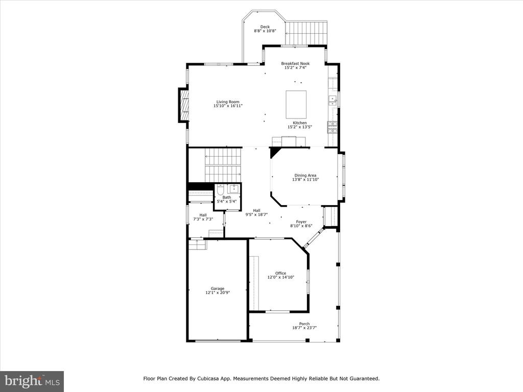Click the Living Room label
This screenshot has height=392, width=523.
coord(228,102)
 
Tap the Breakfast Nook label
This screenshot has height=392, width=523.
coord(295,63)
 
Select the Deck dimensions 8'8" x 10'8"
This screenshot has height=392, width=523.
coord(265,31)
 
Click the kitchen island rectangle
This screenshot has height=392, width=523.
coord(296,104)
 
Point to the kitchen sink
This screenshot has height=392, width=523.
coord(332,101)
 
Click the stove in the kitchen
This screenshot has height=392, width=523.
coord(332,127)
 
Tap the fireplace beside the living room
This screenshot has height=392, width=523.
coord(184,105)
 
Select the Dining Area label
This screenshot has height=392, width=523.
coord(305,176)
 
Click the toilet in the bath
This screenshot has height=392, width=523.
coord(220,190)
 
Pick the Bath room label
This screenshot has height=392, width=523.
coord(227,198)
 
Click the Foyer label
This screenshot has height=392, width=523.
coord(301,222)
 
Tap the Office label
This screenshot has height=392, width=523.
coord(281,274)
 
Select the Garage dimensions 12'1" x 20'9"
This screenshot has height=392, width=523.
coord(218,292)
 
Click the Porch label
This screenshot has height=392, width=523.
coord(304,324)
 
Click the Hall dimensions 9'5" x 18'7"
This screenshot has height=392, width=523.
coord(256,215)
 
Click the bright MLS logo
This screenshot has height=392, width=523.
coord(32,381)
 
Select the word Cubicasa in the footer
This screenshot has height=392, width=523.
coord(208,379)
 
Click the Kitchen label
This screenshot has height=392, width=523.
coord(300,123)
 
